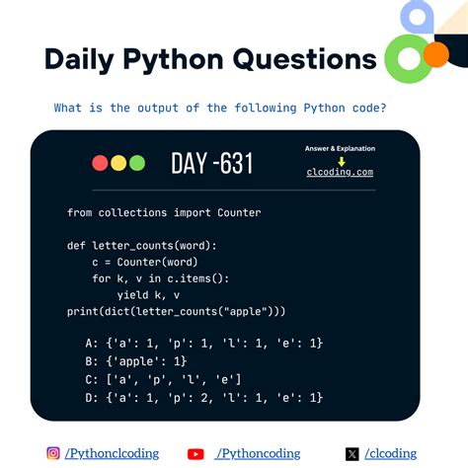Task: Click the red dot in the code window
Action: [100, 163]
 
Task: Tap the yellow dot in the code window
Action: [117, 163]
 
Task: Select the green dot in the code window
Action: [136, 163]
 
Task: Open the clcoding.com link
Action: [340, 172]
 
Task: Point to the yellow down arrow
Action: [340, 160]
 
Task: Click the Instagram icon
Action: [53, 453]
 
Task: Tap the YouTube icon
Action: [195, 454]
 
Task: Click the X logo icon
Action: [352, 454]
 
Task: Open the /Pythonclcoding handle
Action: [111, 453]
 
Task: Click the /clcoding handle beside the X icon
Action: [390, 453]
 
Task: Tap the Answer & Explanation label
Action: [340, 149]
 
